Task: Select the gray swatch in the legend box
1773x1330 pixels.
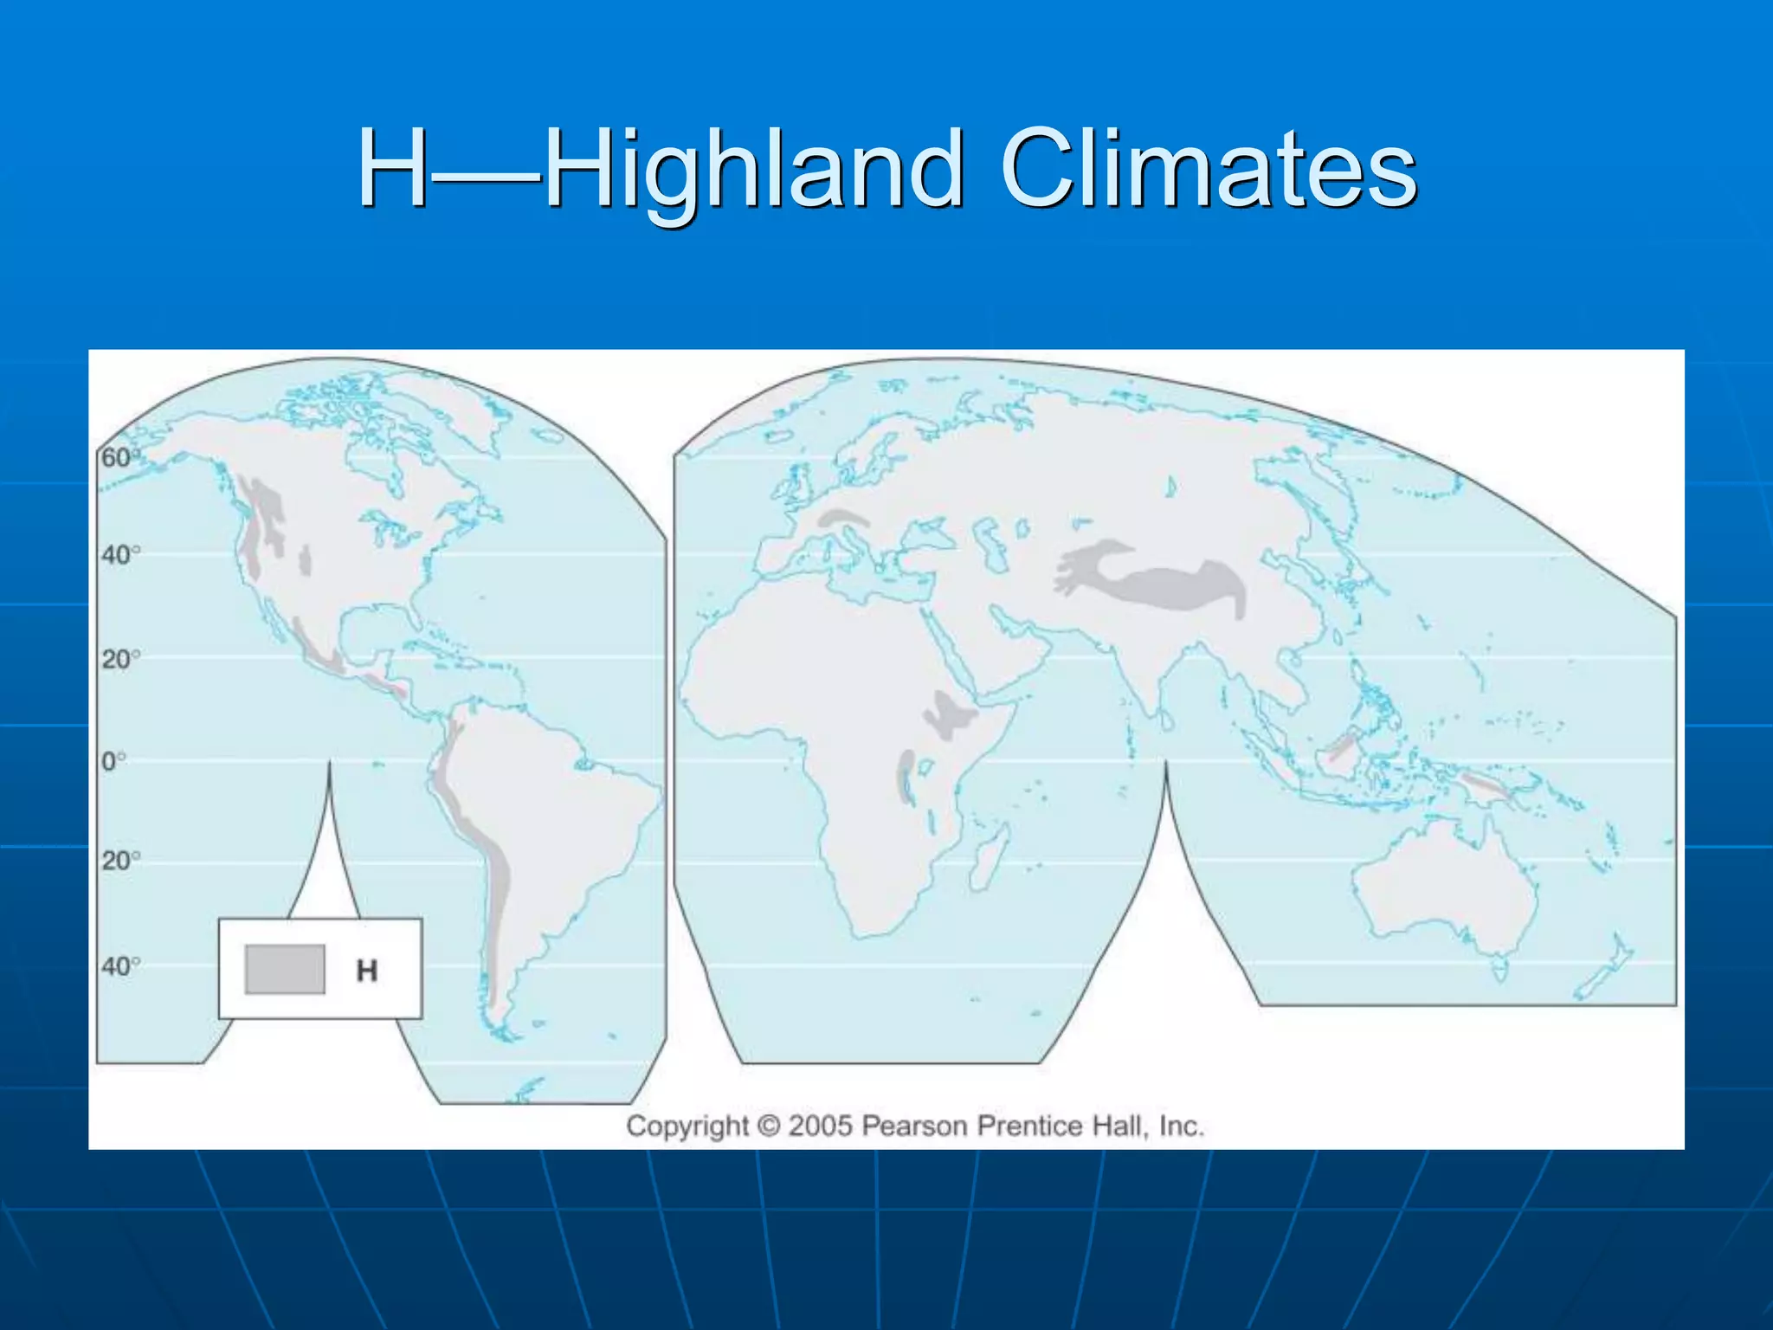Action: coord(285,969)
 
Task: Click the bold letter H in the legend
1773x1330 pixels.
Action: coord(367,971)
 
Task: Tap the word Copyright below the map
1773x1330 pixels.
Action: coord(687,1126)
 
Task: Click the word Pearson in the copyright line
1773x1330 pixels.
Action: coord(914,1126)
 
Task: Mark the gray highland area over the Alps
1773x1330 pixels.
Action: coord(844,518)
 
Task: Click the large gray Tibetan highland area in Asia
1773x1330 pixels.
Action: coord(1160,584)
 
